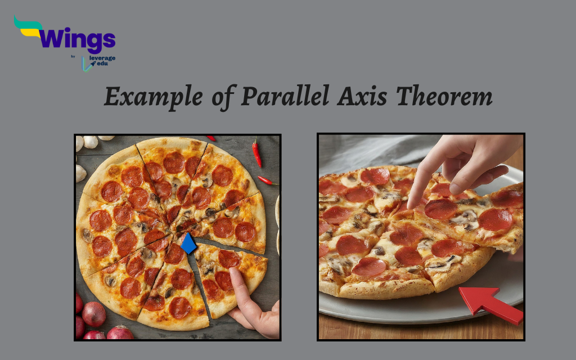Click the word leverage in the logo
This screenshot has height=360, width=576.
pos(102,59)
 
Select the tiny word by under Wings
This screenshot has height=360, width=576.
pos(73,56)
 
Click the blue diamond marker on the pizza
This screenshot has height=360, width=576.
pos(188,244)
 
